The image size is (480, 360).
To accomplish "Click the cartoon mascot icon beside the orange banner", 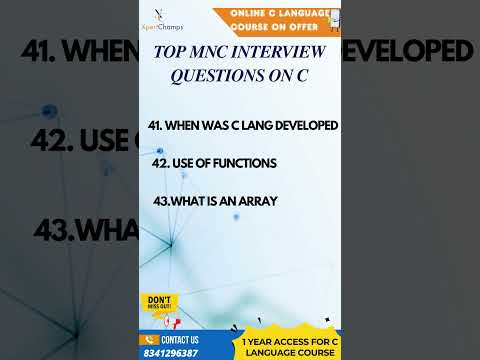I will pyautogui.click(x=334, y=20).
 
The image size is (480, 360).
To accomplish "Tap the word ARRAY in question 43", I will pyautogui.click(x=259, y=201).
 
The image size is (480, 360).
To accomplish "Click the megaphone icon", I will pyautogui.click(x=171, y=323).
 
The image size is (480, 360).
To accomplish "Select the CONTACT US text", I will pyautogui.click(x=180, y=340).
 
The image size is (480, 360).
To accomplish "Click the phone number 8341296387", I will pyautogui.click(x=171, y=353).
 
